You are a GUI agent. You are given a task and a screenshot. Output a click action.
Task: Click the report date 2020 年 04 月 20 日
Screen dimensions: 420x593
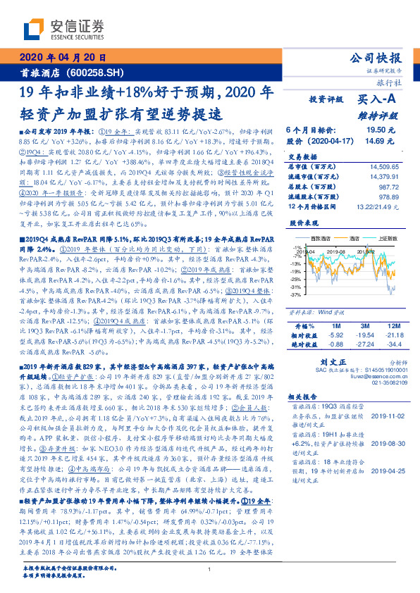(x=61, y=58)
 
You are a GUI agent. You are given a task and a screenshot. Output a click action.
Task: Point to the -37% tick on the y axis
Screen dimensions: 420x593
(x=295, y=295)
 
